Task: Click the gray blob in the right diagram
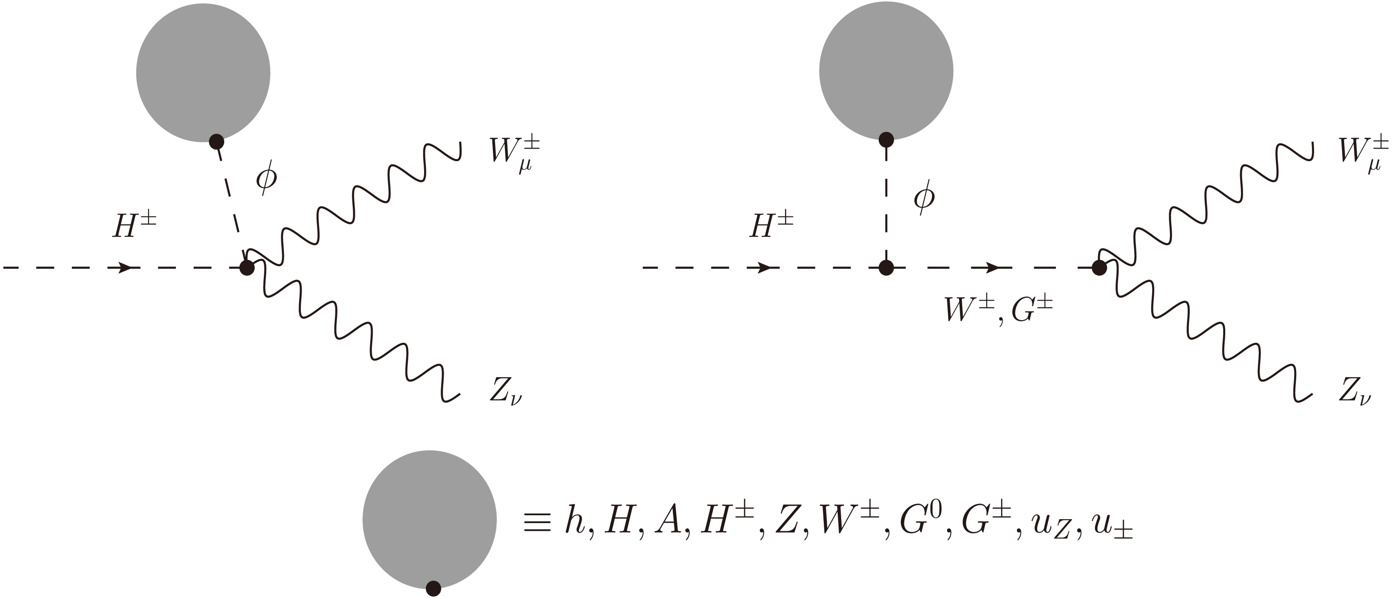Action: [886, 71]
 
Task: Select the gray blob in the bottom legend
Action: [430, 520]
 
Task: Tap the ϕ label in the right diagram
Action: [924, 197]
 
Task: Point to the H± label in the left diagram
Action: [135, 226]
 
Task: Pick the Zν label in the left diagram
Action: [506, 392]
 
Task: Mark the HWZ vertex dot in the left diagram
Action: [247, 267]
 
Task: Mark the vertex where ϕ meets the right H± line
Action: [886, 267]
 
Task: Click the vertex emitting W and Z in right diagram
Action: [1099, 267]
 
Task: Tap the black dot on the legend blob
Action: [433, 588]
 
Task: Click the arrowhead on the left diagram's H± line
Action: [125, 267]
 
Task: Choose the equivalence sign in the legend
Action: [536, 524]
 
